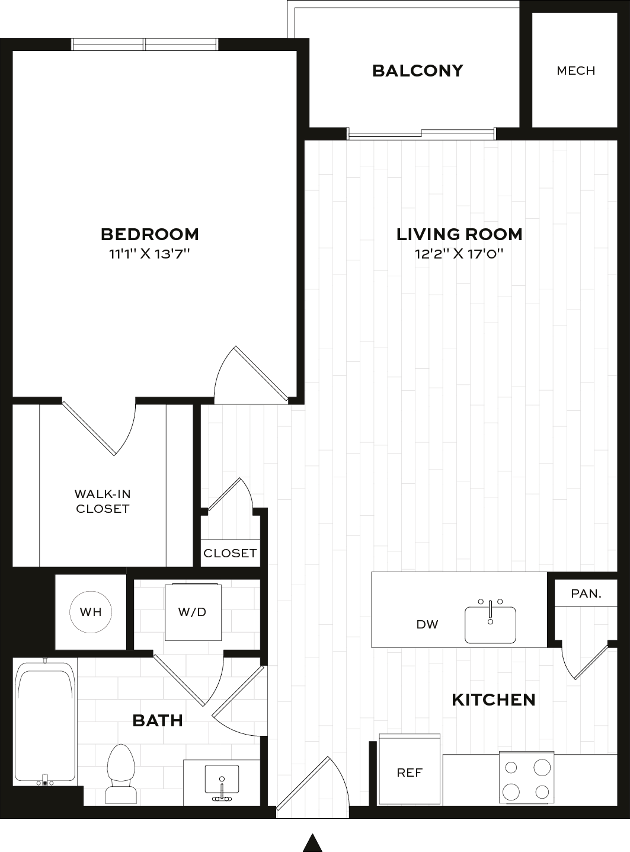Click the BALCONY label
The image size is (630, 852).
(x=418, y=71)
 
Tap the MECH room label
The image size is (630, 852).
(x=576, y=71)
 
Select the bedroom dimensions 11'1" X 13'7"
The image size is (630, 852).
(x=150, y=254)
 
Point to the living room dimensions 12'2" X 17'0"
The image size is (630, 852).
(x=459, y=254)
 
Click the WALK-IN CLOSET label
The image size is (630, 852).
(x=103, y=501)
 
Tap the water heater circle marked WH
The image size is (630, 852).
(x=91, y=611)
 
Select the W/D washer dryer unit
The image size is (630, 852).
(x=193, y=612)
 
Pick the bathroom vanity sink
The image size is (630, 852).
(x=222, y=783)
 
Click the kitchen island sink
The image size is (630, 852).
(x=490, y=624)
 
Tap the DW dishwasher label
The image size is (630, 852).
(x=427, y=624)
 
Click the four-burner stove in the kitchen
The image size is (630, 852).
(x=527, y=777)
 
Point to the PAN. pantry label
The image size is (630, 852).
(x=586, y=593)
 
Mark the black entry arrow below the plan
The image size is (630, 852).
(x=313, y=844)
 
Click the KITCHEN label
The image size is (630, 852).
(x=494, y=700)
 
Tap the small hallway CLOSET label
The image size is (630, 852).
(x=230, y=553)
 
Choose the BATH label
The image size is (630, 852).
(x=158, y=720)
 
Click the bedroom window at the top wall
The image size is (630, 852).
(x=145, y=44)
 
